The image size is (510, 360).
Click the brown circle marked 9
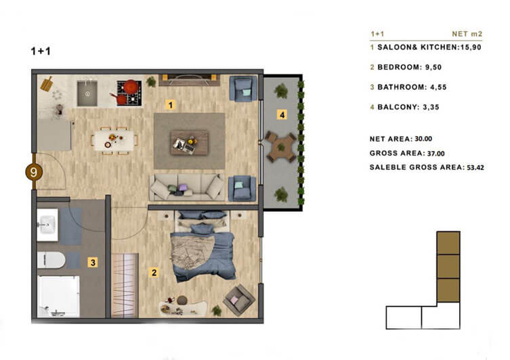tap(34, 172)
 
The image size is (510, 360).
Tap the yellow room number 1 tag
tap(171, 105)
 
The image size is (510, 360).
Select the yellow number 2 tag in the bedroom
tap(154, 272)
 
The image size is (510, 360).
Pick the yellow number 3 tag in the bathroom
tap(93, 262)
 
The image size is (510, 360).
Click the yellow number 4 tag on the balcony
tap(282, 114)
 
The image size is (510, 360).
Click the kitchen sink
tap(87, 93)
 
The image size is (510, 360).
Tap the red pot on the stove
tap(131, 87)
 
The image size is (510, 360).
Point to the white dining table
tap(114, 140)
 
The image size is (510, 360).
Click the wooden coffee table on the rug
tap(189, 142)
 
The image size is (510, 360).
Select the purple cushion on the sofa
tap(183, 187)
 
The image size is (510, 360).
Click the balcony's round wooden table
tap(281, 147)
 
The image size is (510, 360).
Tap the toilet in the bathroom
tap(51, 260)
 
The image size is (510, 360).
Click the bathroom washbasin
tap(47, 225)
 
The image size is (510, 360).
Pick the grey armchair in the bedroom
tap(239, 300)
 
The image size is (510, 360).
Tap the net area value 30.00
tap(423, 139)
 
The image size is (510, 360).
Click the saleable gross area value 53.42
tap(475, 168)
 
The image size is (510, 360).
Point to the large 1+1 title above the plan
tap(41, 51)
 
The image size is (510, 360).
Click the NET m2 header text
tap(467, 34)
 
